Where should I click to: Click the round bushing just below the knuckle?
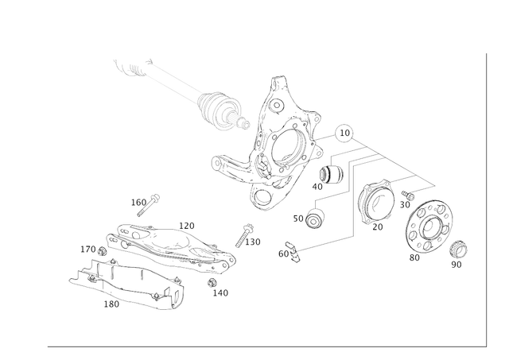313,217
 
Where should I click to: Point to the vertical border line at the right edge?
484,199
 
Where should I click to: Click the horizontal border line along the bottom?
262,347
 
